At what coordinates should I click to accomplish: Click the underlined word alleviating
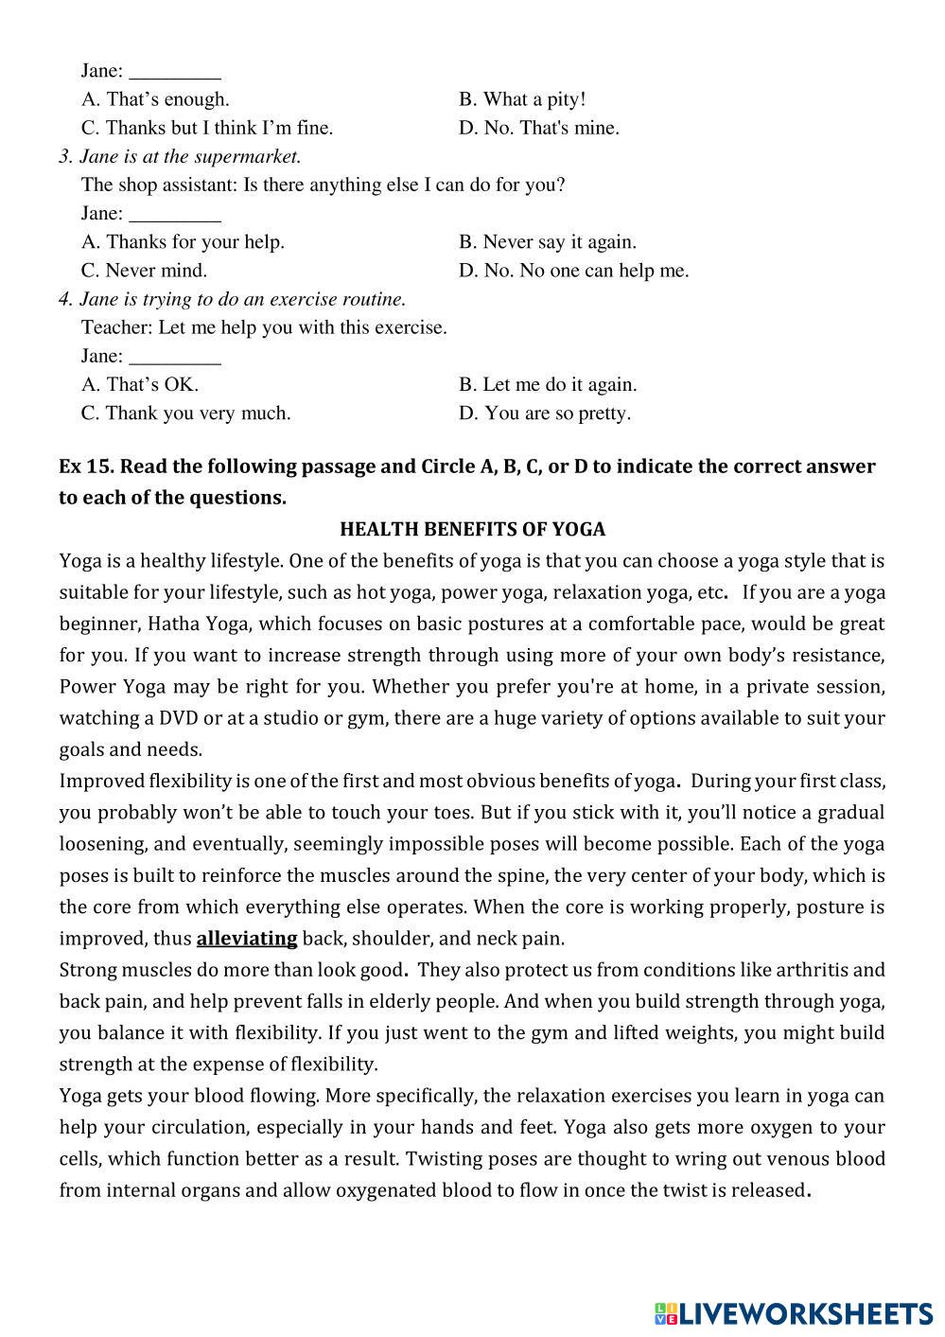click(x=246, y=939)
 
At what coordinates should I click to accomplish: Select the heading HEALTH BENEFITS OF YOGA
click(x=472, y=529)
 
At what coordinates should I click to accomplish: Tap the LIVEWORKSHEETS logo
click(x=793, y=1312)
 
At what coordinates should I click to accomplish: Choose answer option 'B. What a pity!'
click(x=522, y=99)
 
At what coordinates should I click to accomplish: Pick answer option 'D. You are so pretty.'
click(x=544, y=413)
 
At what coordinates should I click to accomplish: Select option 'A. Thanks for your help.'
click(x=183, y=242)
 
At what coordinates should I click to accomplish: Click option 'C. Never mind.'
click(x=144, y=271)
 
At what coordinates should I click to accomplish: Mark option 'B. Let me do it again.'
click(x=548, y=385)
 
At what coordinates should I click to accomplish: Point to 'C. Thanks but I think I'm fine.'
click(x=207, y=128)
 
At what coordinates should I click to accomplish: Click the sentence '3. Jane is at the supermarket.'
click(x=180, y=156)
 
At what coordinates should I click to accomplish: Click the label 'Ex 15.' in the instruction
click(x=86, y=466)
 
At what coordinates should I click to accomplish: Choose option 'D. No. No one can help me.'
click(x=573, y=271)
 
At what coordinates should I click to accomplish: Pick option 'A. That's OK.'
click(x=140, y=385)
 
